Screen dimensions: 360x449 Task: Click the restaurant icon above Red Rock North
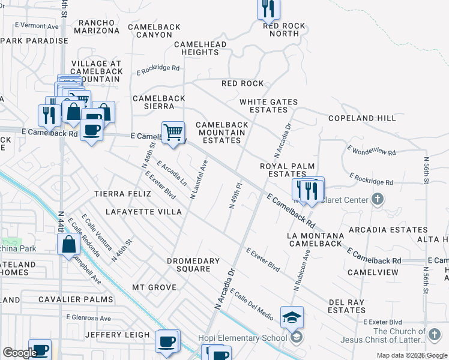coord(268,9)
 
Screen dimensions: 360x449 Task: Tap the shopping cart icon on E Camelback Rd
coord(173,131)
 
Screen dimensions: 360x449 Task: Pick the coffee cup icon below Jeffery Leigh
coord(167,341)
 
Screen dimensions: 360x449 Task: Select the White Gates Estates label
coord(268,106)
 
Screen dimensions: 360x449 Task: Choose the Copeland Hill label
coord(362,118)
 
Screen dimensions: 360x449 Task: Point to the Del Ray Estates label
coord(347,306)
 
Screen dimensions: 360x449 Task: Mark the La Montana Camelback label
coord(316,239)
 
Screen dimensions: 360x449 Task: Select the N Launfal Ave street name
coord(199,179)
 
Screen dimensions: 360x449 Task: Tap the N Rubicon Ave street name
coord(301,271)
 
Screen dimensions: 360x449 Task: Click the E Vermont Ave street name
coord(37,26)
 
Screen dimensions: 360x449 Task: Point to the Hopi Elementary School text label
coord(243,338)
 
